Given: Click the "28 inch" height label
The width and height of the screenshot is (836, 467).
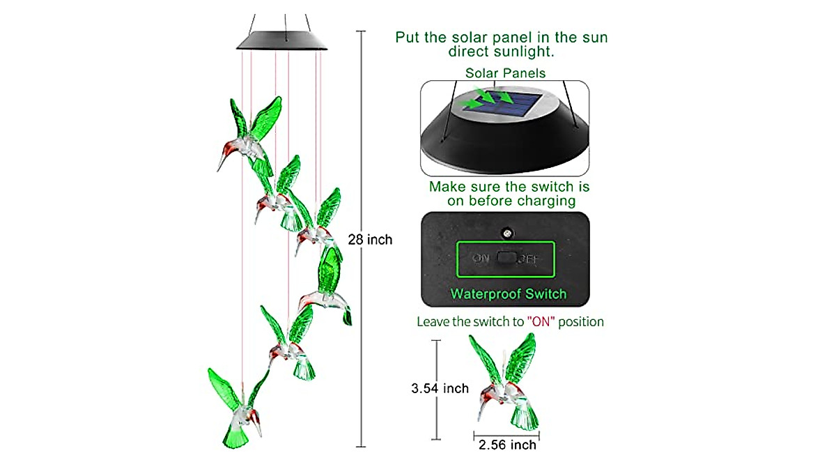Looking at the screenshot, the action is tap(370, 240).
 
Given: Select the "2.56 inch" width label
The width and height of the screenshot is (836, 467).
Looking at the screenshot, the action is tap(506, 445).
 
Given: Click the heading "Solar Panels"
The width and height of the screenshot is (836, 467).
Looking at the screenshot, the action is tap(505, 72).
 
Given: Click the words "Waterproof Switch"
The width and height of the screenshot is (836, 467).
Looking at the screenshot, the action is tap(508, 293).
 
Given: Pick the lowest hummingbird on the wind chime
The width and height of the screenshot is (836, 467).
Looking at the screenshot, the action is tap(237, 411).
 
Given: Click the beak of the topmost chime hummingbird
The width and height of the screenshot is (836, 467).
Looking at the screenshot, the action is tap(222, 162).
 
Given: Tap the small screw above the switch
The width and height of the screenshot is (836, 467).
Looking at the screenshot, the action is tap(507, 231).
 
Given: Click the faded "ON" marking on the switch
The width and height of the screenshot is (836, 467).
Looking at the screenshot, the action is tap(481, 258).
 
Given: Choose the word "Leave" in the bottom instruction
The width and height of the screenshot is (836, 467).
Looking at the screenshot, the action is tap(433, 322).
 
